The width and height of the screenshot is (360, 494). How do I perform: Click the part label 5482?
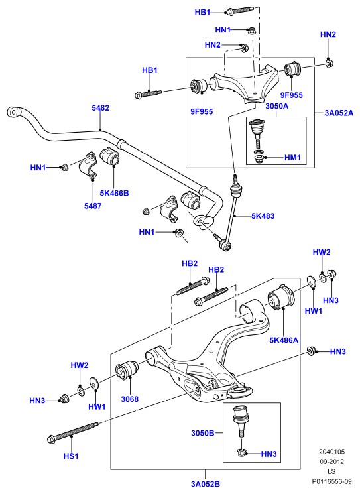click(x=101, y=107)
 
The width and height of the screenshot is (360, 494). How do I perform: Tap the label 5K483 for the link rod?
click(x=263, y=216)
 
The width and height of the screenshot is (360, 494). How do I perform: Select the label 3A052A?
click(x=339, y=113)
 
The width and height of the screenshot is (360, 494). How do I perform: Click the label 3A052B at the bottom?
click(x=206, y=484)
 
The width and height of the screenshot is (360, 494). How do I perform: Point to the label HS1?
click(x=71, y=456)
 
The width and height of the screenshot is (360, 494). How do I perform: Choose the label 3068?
click(x=130, y=399)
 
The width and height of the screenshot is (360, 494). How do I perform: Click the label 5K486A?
click(x=284, y=340)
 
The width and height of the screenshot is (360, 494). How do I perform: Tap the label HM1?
click(x=292, y=158)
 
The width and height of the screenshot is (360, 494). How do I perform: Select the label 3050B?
click(x=202, y=433)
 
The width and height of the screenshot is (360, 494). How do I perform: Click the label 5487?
click(x=93, y=206)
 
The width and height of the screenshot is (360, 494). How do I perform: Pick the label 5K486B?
click(x=114, y=193)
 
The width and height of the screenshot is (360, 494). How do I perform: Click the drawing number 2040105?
click(x=331, y=452)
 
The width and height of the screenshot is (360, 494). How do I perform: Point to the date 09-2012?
click(x=331, y=462)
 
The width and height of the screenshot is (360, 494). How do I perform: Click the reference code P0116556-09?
click(x=331, y=481)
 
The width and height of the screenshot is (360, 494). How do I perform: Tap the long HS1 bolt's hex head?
click(x=51, y=439)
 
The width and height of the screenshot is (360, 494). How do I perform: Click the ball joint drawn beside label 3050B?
click(x=240, y=422)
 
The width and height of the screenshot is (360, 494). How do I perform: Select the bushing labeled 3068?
click(x=127, y=371)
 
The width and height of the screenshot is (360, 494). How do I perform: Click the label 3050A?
click(x=277, y=106)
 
